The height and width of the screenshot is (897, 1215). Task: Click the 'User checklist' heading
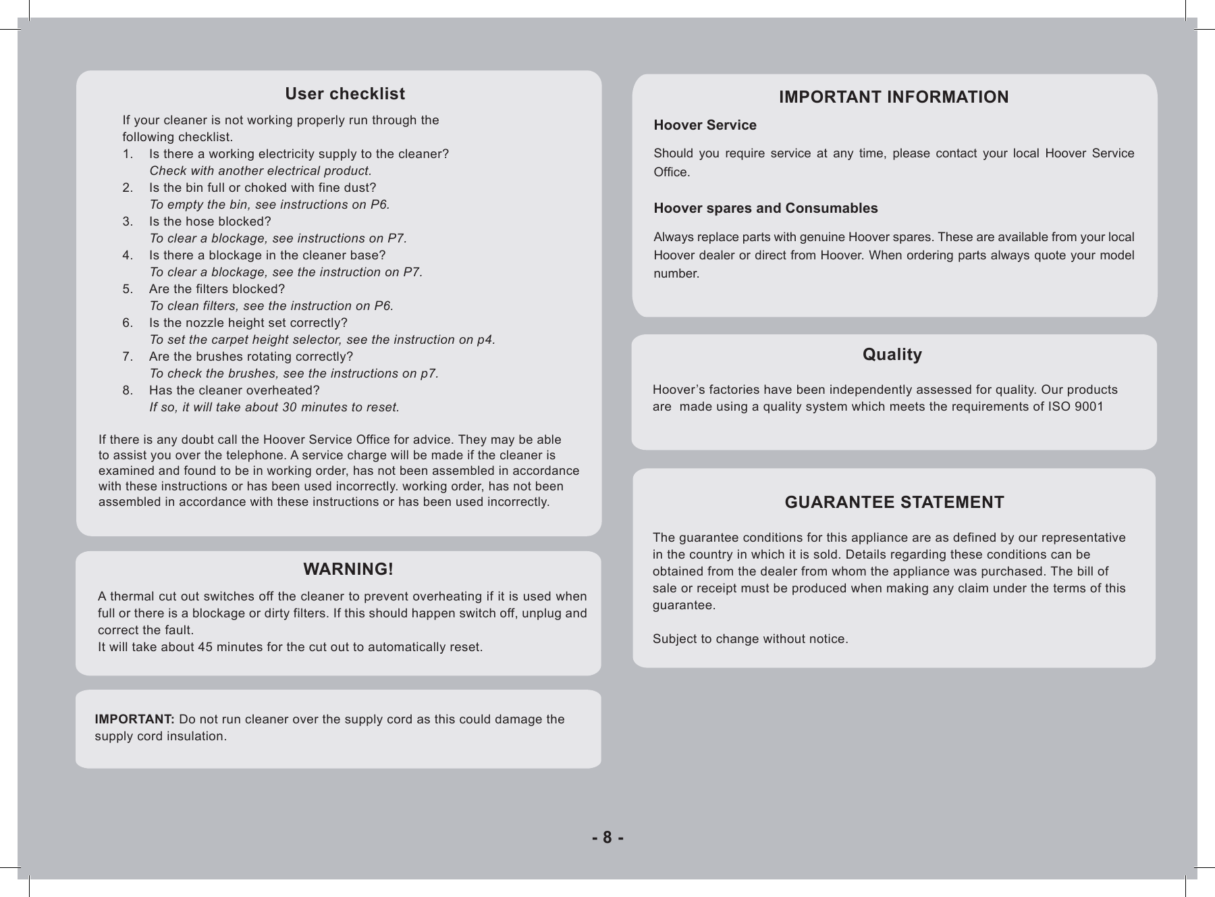click(x=345, y=94)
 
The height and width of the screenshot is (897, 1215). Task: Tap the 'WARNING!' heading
click(x=348, y=569)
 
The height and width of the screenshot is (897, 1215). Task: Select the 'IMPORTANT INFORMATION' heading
click(x=894, y=97)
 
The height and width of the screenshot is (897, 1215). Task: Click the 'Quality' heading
click(x=892, y=355)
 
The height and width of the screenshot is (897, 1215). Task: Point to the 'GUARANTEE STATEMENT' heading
click(x=894, y=503)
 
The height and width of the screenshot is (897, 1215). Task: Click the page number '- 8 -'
click(x=607, y=838)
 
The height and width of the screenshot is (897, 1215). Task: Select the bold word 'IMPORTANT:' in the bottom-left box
click(x=134, y=719)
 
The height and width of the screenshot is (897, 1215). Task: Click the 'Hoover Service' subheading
click(x=705, y=126)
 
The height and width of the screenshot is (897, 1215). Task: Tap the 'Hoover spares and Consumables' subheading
click(x=765, y=208)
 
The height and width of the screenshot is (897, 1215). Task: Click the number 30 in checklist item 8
click(x=289, y=407)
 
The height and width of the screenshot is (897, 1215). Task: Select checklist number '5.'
click(x=128, y=289)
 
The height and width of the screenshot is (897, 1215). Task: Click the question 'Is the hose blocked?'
click(x=210, y=222)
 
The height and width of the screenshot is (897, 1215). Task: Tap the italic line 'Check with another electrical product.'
click(x=260, y=171)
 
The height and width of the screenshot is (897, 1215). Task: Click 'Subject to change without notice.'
click(x=750, y=639)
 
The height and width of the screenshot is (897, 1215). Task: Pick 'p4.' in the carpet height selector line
click(x=486, y=340)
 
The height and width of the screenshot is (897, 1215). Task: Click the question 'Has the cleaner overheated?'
click(x=234, y=390)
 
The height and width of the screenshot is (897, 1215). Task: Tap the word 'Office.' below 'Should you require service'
click(x=672, y=172)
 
